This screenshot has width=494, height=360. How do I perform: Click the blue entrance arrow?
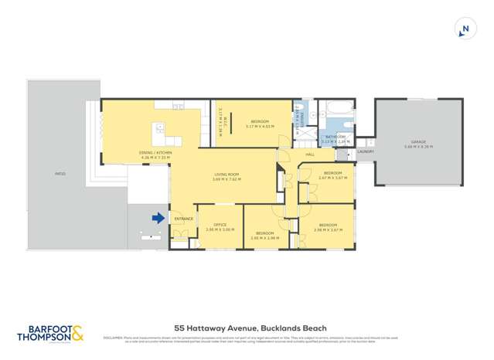[158, 218]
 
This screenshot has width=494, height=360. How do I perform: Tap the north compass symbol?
[465, 30]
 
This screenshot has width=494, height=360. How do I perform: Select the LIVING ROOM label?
[228, 175]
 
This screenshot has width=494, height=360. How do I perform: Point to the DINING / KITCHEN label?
[155, 154]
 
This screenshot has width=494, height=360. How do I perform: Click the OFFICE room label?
[214, 225]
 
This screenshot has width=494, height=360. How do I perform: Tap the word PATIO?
[60, 174]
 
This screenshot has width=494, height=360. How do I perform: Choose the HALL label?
[309, 155]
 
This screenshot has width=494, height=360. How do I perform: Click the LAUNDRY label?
[366, 151]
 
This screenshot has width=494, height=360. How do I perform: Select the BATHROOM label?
[335, 137]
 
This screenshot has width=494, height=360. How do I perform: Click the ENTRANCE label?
[183, 219]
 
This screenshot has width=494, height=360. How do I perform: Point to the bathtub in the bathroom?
[338, 108]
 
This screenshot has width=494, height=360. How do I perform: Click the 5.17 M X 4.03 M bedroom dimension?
[259, 126]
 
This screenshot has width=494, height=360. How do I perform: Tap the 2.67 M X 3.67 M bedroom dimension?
[333, 177]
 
